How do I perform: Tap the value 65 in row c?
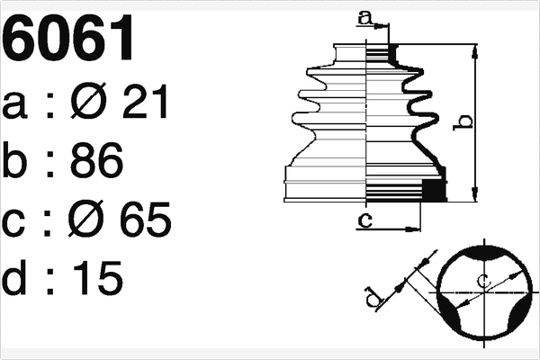tap(145, 220)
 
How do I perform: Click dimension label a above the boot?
tap(364, 15)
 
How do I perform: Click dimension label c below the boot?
tap(364, 219)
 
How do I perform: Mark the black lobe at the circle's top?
tap(485, 247)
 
